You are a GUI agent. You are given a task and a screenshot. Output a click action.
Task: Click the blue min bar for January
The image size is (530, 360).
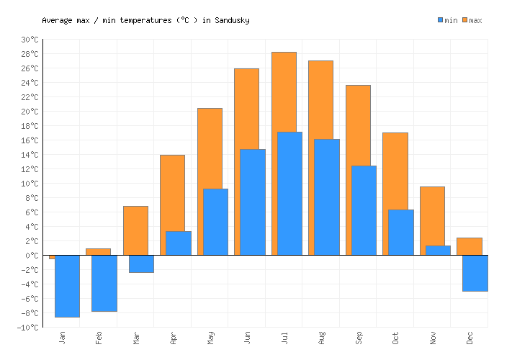67,286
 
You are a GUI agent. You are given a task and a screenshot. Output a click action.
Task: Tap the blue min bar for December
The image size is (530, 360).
475,273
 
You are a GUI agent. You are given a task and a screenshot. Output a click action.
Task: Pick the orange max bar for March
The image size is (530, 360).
135,230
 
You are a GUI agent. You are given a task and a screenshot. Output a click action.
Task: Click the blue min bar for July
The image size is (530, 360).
289,193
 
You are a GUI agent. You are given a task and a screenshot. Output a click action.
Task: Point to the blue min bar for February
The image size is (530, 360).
104,283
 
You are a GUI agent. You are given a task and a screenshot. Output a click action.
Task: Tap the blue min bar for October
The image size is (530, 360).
401,232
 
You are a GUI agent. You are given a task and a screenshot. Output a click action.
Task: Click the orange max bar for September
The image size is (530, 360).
358,125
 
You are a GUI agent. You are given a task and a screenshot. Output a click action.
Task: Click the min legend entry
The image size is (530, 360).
447,20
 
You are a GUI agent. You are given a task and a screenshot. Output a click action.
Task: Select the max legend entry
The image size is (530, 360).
472,20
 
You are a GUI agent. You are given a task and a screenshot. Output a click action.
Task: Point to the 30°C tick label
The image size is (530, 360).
30,40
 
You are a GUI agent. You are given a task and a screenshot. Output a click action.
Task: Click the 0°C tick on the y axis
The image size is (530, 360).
32,256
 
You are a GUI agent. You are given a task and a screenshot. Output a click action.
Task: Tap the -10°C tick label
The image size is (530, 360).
28,328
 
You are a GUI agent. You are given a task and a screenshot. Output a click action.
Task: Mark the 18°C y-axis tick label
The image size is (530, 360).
30,126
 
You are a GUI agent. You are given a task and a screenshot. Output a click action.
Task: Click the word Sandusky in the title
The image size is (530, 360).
232,20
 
